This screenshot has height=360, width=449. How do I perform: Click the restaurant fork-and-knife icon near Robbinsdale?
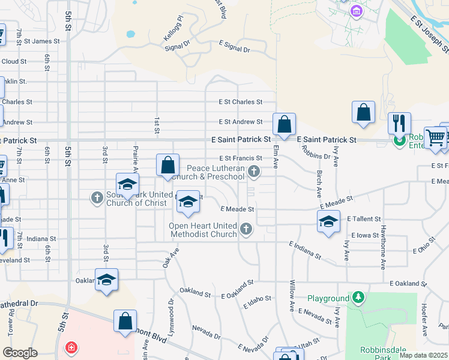coord(399,124)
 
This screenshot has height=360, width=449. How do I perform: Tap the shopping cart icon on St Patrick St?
coord(435,137)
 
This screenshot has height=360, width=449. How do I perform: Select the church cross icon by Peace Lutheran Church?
coord(255,173)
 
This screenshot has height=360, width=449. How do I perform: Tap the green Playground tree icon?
coord(358,298)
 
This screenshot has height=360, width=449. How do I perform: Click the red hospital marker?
coord(71,348)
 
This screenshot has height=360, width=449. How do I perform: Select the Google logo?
coord(20,353)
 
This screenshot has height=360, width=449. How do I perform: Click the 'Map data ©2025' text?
coord(423,355)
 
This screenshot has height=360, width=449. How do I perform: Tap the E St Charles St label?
coord(240,102)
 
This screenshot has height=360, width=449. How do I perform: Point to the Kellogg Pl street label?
coord(155,38)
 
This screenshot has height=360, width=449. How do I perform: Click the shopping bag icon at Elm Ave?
coord(285,124)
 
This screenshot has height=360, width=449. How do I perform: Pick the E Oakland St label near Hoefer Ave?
coord(408,283)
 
